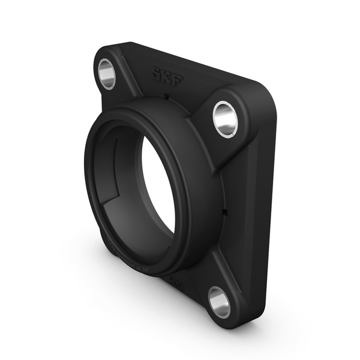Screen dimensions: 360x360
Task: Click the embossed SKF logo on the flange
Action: point(167,77)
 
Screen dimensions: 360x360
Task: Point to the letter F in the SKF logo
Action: point(177,80)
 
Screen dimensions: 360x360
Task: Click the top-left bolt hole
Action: point(107,74)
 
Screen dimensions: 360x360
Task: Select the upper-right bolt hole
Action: point(225,118)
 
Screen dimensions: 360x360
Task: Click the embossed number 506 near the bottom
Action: point(175,279)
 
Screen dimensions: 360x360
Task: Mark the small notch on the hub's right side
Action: point(226,211)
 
